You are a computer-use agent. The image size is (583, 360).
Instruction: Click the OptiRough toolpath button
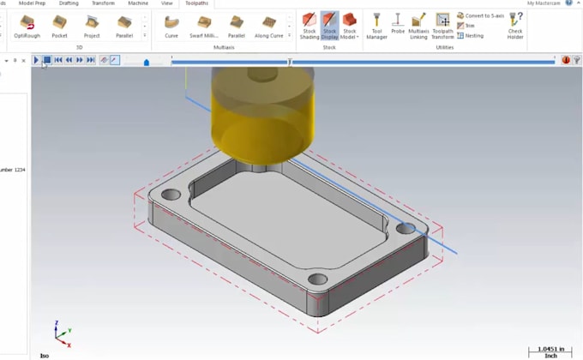pyautogui.click(x=27, y=25)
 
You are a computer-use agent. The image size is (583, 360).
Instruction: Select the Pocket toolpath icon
pyautogui.click(x=59, y=25)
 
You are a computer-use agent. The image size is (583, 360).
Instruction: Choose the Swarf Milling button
pyautogui.click(x=204, y=25)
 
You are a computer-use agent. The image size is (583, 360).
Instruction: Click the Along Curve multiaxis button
pyautogui.click(x=270, y=25)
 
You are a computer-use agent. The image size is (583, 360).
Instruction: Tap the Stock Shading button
pyautogui.click(x=310, y=26)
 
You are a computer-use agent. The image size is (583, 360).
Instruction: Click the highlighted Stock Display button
pyautogui.click(x=329, y=26)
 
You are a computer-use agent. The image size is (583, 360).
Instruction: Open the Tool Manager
pyautogui.click(x=376, y=25)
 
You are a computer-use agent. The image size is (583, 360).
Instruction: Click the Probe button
pyautogui.click(x=398, y=25)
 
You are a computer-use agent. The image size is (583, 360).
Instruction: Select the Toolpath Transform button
pyautogui.click(x=442, y=25)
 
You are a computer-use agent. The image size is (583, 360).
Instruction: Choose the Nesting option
pyautogui.click(x=471, y=36)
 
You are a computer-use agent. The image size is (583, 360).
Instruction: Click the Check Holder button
pyautogui.click(x=515, y=25)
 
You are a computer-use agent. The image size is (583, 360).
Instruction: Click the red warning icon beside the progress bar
pyautogui.click(x=566, y=60)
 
